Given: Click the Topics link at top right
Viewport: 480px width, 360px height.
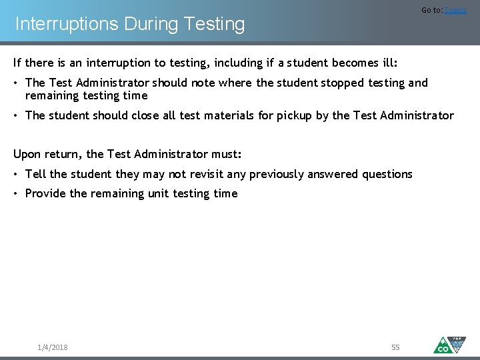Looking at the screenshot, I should click(455, 10).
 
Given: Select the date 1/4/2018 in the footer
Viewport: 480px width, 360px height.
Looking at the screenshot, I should click(53, 347).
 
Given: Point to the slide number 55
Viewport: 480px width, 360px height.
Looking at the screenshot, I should click(395, 347).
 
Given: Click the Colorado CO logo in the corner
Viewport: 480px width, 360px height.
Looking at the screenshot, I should click(450, 344).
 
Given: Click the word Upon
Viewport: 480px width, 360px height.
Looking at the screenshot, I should click(27, 154).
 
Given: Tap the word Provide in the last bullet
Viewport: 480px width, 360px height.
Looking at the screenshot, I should click(45, 193).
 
